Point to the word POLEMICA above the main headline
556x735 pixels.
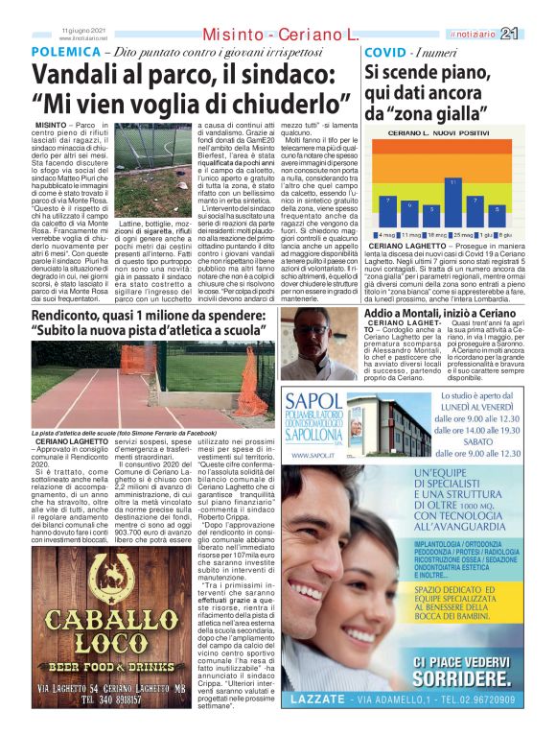point(63,51)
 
